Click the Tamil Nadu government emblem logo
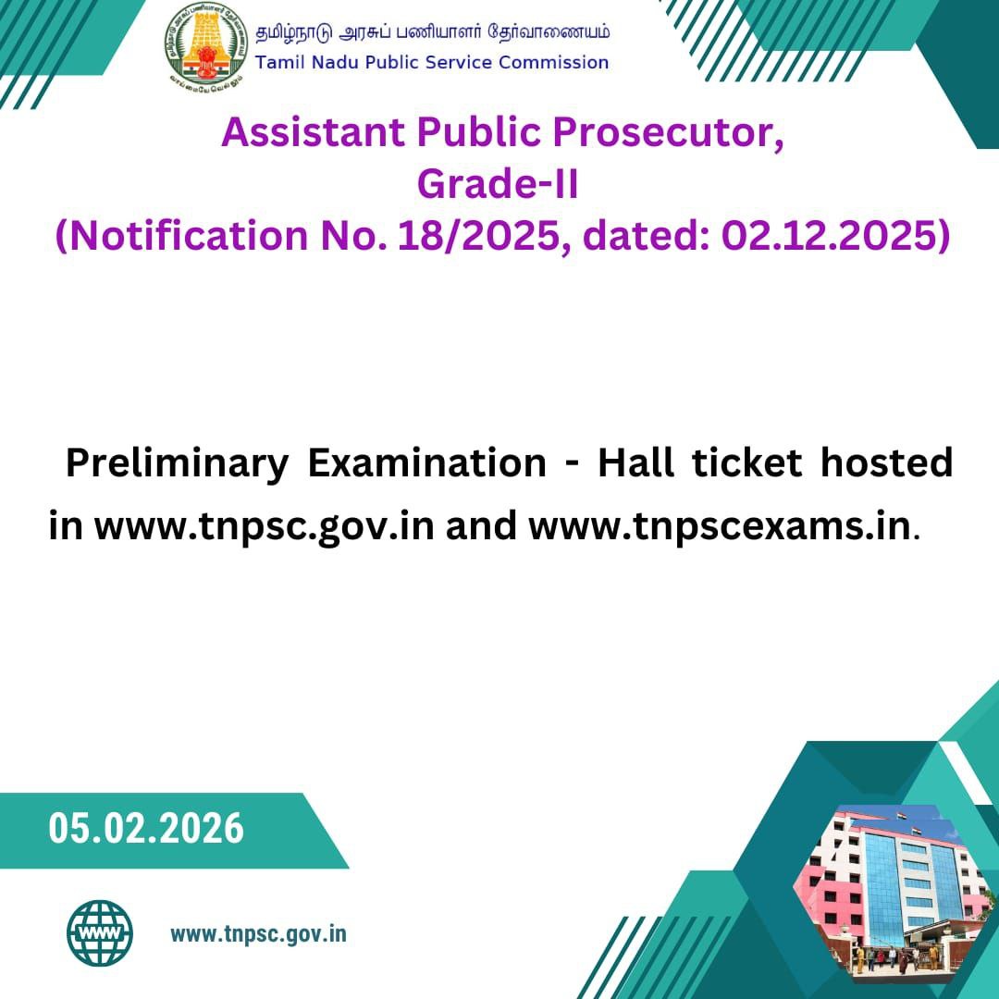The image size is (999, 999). [205, 47]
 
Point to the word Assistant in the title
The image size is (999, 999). [314, 132]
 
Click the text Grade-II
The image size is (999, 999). [498, 184]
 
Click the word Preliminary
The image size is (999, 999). [178, 463]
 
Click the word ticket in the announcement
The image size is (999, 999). [746, 462]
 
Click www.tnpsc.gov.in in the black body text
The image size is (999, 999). [265, 527]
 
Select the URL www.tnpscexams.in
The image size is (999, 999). [720, 526]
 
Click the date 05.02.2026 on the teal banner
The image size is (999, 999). [146, 828]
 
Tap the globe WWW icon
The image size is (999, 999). [100, 932]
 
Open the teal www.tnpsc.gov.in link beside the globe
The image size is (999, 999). [259, 934]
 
